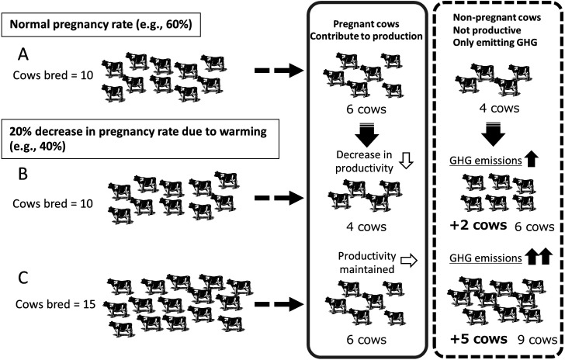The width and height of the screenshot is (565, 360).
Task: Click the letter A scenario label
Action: tap(24, 56)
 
